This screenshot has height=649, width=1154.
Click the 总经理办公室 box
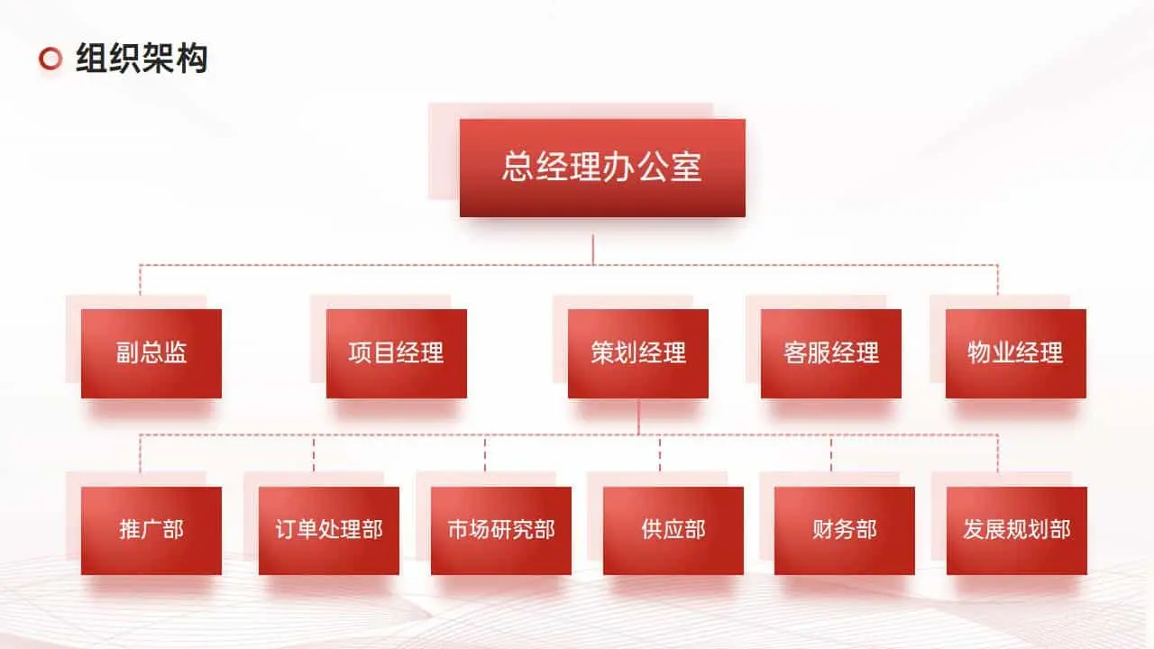pos(602,168)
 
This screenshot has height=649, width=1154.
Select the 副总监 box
pos(151,353)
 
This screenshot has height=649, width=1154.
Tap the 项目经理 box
pos(397,353)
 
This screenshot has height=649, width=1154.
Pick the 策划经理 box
pos(638,353)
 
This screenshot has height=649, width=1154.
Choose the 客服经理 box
pos(831,353)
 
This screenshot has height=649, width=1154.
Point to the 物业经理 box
pos(1016,353)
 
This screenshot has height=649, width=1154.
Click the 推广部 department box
pos(151,530)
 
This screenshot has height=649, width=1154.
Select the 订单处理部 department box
pos(329,530)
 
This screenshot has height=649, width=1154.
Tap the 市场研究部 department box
pos(501,530)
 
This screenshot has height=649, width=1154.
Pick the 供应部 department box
pos(673,530)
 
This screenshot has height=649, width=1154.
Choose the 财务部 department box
pos(845,530)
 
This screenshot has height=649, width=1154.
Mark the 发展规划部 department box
pos(1017,530)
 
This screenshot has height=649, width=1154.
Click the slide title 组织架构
pos(142,59)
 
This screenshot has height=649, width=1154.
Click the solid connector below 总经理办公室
pos(593,248)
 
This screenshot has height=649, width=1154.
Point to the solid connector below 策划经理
pos(638,416)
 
